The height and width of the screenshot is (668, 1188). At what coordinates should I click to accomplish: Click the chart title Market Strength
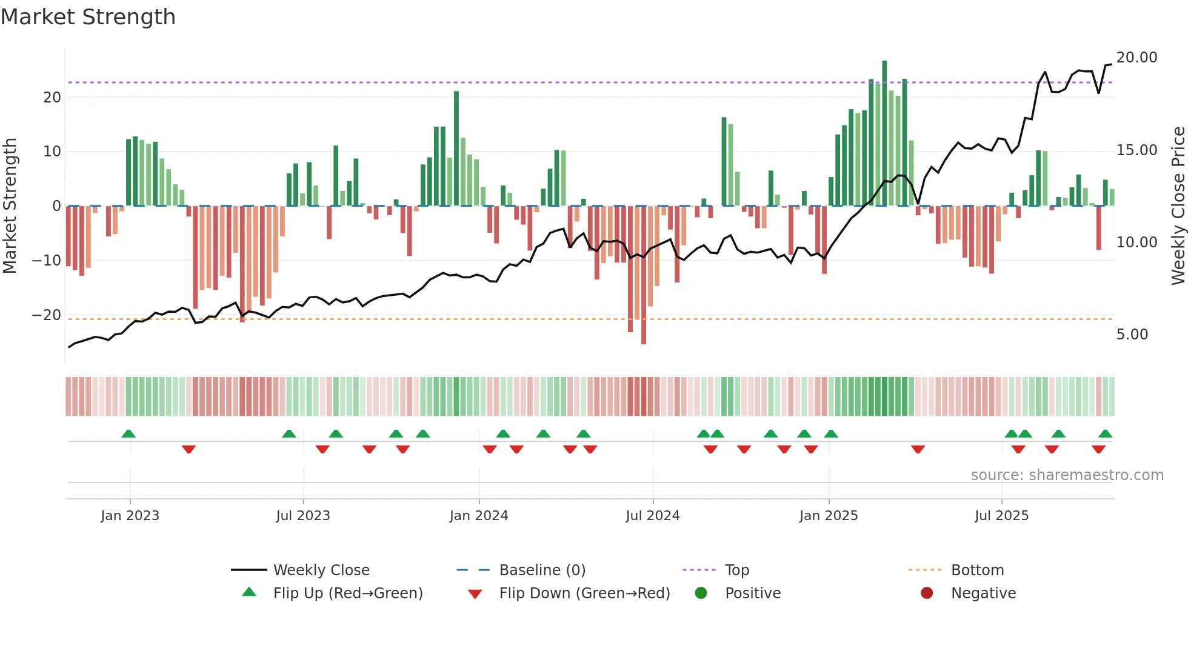coord(88,17)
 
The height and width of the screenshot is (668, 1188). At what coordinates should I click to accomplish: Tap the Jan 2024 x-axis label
coord(478,516)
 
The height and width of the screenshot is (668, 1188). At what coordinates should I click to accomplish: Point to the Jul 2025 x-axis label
coord(1001,516)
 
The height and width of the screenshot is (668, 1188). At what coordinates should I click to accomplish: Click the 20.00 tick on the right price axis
coord(1136,58)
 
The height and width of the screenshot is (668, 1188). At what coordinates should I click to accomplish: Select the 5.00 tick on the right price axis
coord(1132,335)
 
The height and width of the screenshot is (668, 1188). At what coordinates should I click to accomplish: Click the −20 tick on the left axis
coord(47,315)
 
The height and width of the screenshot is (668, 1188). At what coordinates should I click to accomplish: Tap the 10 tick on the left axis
coord(52,152)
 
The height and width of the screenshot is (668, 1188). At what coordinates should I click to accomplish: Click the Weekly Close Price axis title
coord(1178,206)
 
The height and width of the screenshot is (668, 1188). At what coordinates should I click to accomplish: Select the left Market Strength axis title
coord(10,206)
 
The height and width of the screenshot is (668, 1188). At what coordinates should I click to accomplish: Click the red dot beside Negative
coord(926,593)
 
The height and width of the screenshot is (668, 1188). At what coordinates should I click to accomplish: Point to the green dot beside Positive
coord(701,593)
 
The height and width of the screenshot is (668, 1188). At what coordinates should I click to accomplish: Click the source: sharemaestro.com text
coord(1067,475)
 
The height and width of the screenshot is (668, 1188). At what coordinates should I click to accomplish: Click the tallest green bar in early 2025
coord(884,133)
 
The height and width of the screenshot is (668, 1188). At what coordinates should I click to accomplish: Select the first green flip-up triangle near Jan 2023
coord(128,434)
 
